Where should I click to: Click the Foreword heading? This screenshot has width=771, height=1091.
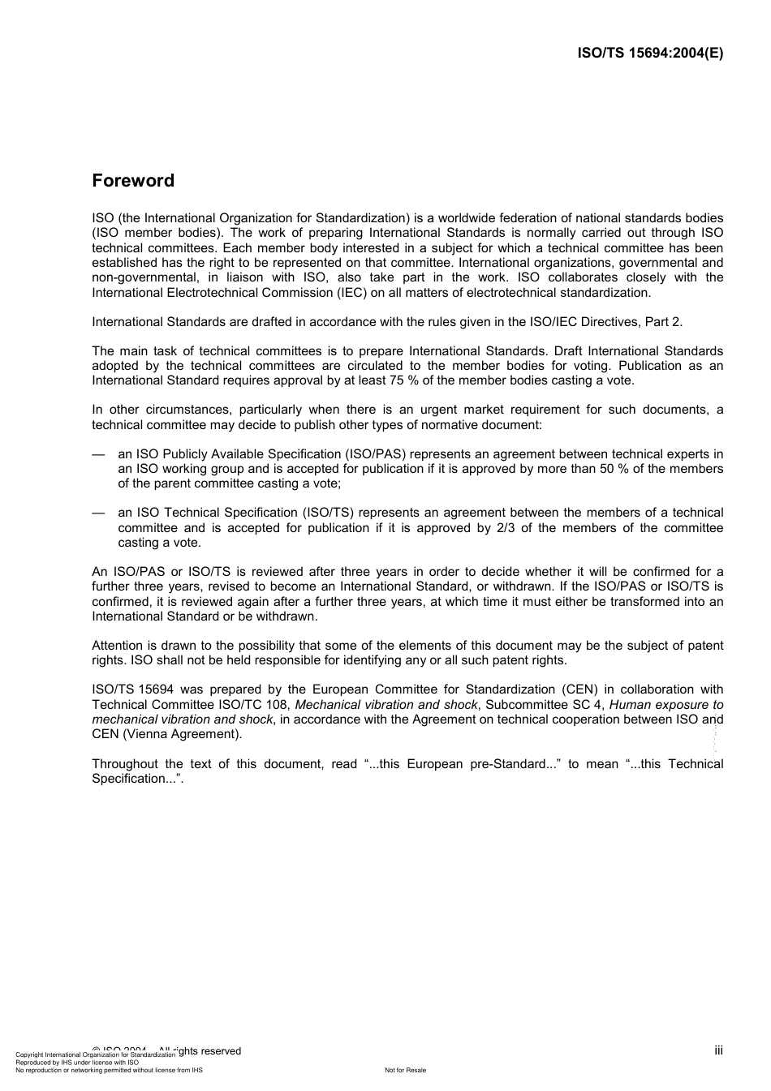point(133,181)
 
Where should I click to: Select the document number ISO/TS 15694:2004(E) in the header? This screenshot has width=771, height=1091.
point(649,54)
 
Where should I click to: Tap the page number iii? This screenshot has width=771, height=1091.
point(718,1050)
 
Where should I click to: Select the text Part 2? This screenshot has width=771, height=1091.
point(663,322)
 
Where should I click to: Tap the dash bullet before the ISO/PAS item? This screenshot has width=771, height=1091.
point(98,454)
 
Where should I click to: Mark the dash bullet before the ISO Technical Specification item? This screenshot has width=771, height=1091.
point(98,513)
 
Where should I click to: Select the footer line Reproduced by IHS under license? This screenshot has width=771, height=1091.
point(77,1063)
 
